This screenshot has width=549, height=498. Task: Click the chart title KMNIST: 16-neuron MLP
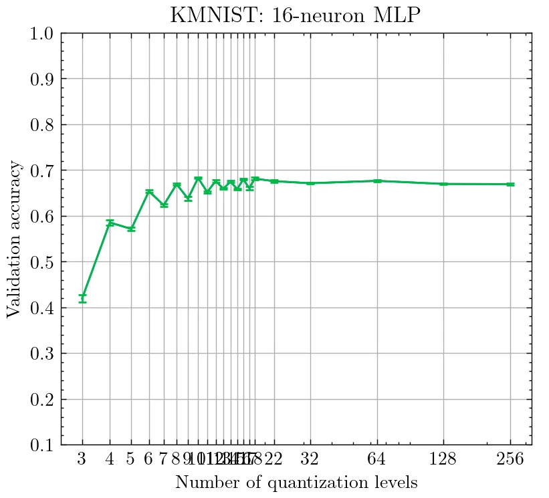tap(296, 15)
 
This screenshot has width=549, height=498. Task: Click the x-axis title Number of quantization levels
tap(296, 482)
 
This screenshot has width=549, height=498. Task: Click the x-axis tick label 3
tap(82, 460)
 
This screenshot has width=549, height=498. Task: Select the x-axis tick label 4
tap(110, 460)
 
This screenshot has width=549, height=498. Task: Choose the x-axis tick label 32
tap(310, 460)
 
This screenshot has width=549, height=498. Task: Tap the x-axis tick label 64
tap(377, 460)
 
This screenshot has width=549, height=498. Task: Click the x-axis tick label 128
tap(443, 460)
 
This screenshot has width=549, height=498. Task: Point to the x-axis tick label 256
tap(510, 460)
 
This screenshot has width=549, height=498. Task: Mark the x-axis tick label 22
tap(274, 460)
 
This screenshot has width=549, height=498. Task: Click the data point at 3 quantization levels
tap(82, 298)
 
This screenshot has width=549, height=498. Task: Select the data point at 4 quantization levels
tap(110, 223)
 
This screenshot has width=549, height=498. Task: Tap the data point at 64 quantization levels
tap(377, 180)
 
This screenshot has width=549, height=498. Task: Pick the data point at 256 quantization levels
tap(510, 184)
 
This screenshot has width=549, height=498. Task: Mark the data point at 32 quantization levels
tap(310, 182)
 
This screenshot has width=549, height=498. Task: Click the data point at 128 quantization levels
tap(443, 183)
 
